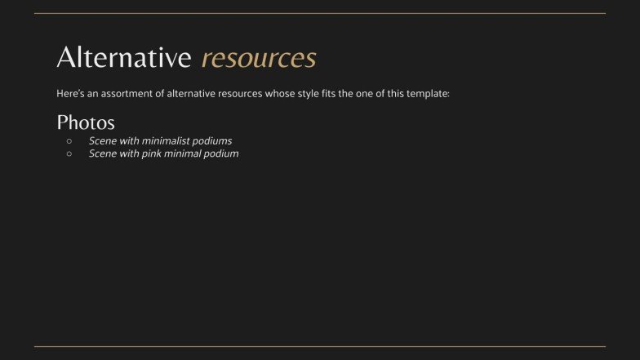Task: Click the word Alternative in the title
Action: [123, 58]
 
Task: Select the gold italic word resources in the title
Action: [259, 58]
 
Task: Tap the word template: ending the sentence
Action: [426, 94]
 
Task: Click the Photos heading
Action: [86, 122]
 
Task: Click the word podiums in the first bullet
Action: [212, 141]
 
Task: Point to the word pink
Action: [152, 153]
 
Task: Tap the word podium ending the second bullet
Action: [222, 153]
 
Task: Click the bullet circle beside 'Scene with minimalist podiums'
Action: [69, 141]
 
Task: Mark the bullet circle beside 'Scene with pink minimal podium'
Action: [69, 153]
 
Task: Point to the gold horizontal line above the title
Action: [320, 13]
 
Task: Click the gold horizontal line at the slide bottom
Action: [320, 347]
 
